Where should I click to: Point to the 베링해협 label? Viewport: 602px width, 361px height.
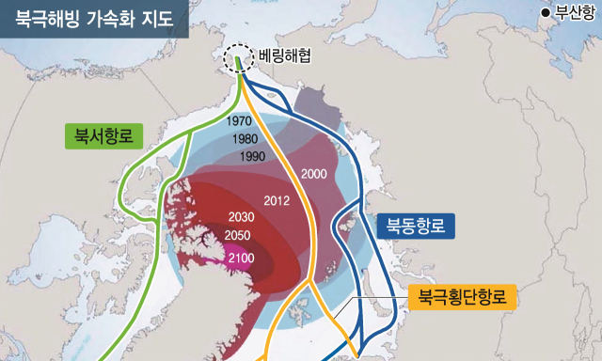(284, 55)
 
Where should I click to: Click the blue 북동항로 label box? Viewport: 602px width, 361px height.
(416, 226)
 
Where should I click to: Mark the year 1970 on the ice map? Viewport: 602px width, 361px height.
(241, 121)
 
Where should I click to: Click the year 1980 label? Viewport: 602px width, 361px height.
(246, 138)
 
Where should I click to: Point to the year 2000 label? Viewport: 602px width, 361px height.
(315, 174)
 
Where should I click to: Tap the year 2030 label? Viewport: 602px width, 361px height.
(243, 217)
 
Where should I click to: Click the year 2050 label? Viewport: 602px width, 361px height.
(240, 235)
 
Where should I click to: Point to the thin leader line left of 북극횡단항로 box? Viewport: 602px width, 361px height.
(376, 299)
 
